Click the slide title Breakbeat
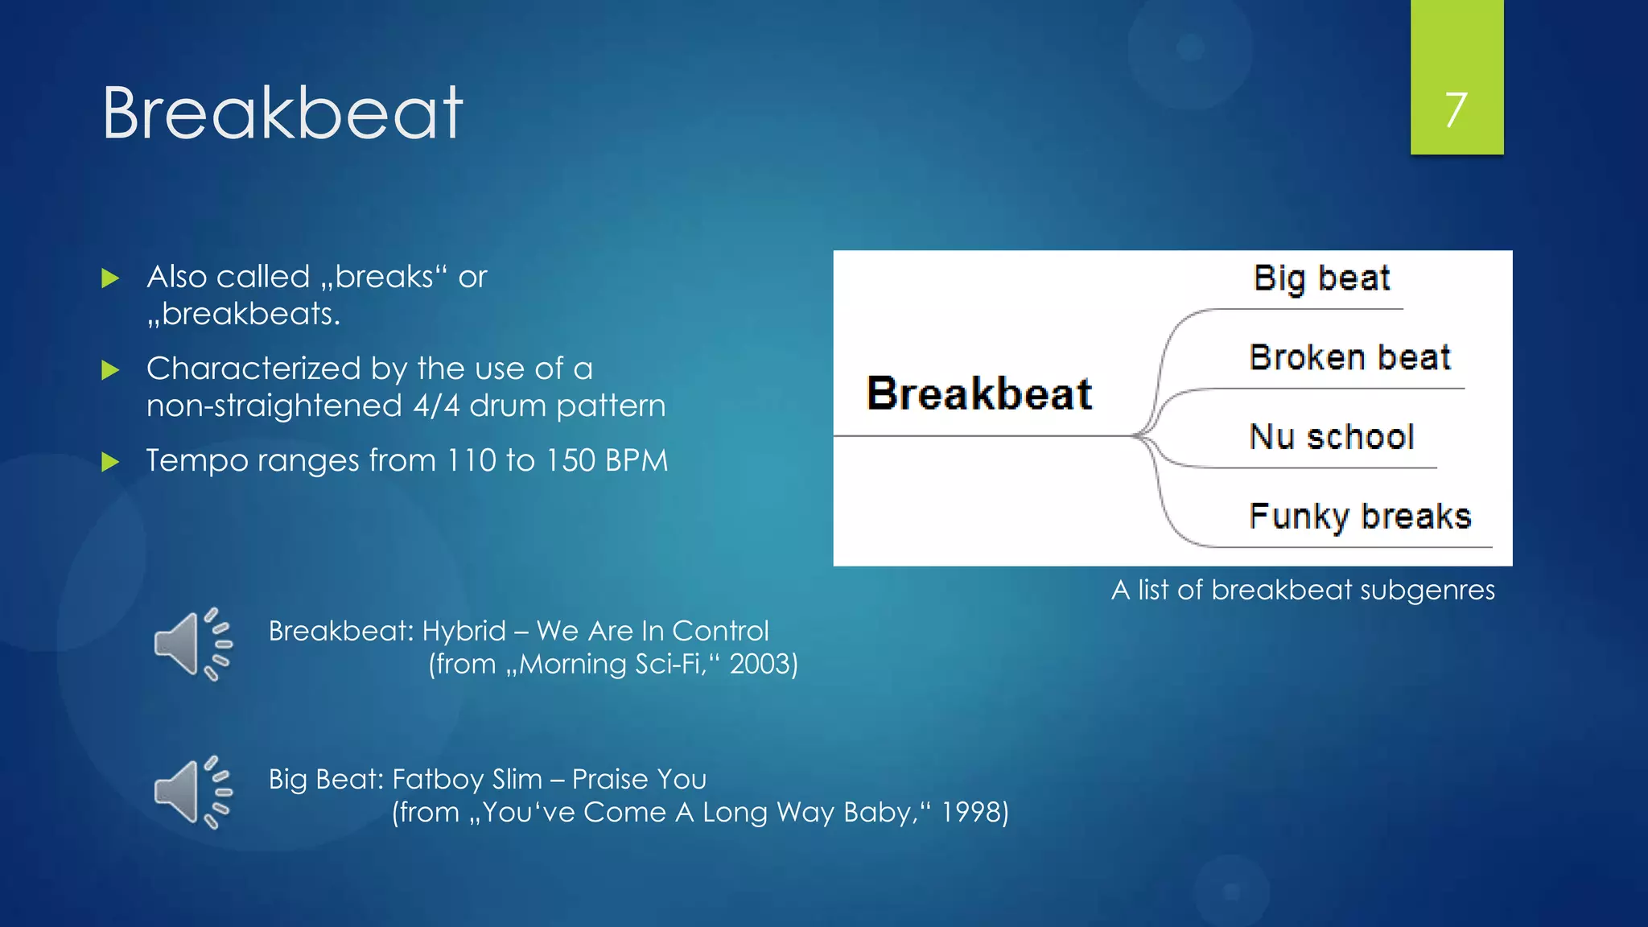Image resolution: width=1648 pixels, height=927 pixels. (x=282, y=113)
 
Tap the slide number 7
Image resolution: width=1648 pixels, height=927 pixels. (x=1456, y=109)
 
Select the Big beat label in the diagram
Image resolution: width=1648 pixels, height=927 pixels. (x=1321, y=278)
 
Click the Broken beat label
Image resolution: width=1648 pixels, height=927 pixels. (x=1349, y=357)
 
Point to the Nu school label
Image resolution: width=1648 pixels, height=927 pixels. (x=1332, y=437)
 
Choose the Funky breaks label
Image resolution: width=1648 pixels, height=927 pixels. (x=1360, y=516)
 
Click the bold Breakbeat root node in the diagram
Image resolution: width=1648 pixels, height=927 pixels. (x=978, y=393)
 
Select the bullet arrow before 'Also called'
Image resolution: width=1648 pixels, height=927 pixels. (x=111, y=279)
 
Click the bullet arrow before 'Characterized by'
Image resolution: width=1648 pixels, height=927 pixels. (x=111, y=370)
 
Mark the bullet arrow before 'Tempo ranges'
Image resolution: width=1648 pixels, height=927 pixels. (x=111, y=462)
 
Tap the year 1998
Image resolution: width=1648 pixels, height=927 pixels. (x=974, y=812)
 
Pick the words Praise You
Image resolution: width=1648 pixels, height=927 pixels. (x=639, y=779)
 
